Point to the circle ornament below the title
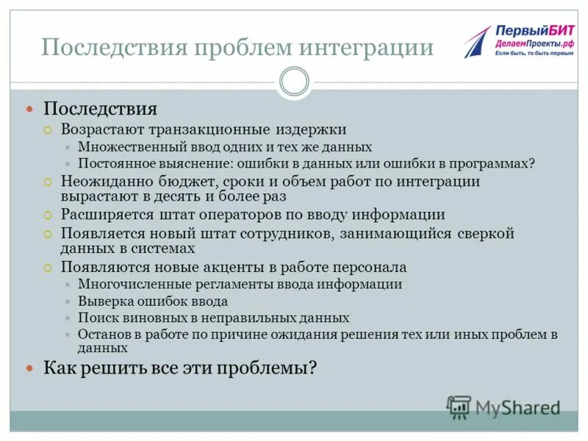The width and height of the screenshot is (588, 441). coord(295,82)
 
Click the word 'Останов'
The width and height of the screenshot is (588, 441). coord(102,334)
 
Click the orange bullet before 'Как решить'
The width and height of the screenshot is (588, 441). coord(30,367)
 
